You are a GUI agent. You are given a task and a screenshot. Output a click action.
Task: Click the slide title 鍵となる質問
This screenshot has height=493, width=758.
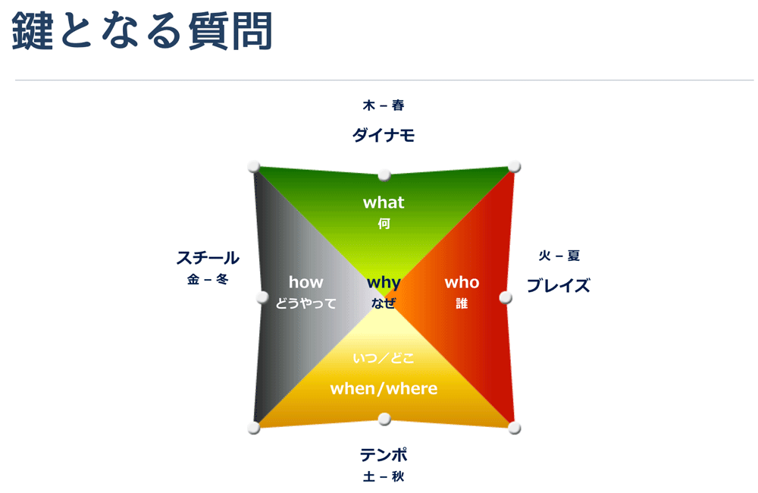coord(143,31)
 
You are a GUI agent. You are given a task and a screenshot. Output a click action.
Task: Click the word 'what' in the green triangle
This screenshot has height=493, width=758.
coord(384,203)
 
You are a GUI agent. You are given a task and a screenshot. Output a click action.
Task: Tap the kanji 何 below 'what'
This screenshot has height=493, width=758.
coord(384,224)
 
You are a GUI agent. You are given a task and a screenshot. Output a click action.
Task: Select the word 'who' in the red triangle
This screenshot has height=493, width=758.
coord(462,283)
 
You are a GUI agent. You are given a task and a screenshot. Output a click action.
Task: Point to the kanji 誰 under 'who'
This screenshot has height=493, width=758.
coord(462,303)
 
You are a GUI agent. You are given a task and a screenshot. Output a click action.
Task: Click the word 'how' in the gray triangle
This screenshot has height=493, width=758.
coord(306,282)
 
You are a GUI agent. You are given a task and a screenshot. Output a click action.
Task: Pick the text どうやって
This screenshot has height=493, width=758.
coord(306,303)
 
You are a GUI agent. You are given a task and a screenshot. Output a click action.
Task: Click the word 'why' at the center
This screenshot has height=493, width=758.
coord(384,283)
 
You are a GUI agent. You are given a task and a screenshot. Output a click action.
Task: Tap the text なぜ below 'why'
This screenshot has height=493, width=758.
coord(384,303)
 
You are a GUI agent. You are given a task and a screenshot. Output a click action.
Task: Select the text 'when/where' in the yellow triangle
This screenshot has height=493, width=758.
coord(384,388)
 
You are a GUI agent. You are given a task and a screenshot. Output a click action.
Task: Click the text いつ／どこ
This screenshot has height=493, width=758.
coord(384,358)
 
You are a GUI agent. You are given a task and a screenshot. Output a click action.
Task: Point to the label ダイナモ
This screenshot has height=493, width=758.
coord(384,135)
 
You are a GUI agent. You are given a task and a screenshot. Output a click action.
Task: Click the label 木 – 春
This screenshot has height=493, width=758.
coord(384,105)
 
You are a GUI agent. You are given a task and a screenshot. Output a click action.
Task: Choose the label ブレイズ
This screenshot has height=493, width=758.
coord(559,285)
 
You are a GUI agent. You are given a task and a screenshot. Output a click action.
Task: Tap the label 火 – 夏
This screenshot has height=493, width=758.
coord(559,256)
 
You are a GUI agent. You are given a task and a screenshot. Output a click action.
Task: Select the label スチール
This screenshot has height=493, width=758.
coord(208,258)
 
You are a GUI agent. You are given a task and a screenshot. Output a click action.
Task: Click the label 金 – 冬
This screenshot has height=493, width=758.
coord(208,279)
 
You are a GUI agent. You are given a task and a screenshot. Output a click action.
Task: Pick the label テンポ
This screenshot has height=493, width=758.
coord(384,455)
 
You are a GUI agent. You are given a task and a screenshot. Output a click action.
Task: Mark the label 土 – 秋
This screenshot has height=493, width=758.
coord(384,476)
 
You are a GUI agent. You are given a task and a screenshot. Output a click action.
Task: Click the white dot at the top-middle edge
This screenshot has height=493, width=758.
coord(384,174)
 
